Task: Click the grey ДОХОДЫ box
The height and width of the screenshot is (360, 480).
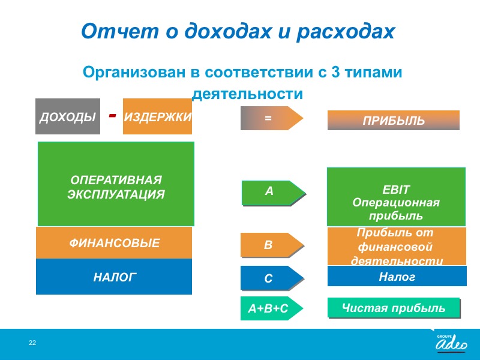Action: click(68, 116)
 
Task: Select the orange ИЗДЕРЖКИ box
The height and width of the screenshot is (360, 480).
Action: click(157, 116)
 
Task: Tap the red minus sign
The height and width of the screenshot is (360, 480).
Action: click(113, 115)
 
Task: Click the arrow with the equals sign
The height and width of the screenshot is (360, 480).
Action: click(272, 118)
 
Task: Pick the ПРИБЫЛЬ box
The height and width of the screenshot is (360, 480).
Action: click(394, 121)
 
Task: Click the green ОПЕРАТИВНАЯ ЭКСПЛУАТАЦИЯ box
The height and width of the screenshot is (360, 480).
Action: click(116, 184)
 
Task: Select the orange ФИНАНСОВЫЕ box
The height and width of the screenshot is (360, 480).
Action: click(114, 243)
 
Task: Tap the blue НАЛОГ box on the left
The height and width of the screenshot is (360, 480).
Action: click(114, 277)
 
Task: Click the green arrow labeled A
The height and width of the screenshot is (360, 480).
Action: click(274, 193)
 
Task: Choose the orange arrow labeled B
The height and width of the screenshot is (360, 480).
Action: click(272, 245)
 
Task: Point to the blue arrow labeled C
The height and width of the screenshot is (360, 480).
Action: click(272, 278)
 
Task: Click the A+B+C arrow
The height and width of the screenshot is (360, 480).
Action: click(272, 308)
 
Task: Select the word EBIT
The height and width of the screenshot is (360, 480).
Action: click(395, 190)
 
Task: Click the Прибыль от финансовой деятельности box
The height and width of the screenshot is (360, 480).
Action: click(397, 246)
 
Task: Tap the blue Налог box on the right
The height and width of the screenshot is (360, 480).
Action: click(397, 276)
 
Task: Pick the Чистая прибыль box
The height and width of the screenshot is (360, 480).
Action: click(394, 308)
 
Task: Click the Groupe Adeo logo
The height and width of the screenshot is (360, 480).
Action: click(452, 343)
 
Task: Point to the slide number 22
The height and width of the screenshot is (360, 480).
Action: click(32, 343)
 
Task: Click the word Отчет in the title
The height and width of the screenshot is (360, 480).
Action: click(120, 31)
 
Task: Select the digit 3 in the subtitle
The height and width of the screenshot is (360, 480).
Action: click(335, 72)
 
